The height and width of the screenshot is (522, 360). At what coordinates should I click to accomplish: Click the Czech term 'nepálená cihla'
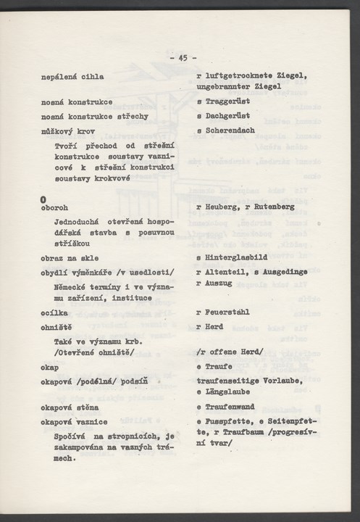[72, 76]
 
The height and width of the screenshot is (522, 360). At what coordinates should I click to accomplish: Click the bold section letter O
[44, 199]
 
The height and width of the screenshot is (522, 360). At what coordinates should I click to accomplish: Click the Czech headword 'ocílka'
[54, 312]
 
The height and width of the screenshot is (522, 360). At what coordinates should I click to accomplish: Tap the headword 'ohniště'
[56, 327]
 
